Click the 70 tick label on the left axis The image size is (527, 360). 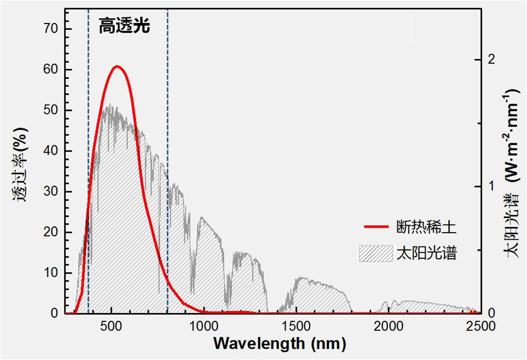point(50,29)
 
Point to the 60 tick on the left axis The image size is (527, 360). point(50,69)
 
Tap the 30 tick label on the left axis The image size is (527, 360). point(50,192)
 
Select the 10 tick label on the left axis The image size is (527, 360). point(50,273)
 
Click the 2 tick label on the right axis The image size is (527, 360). point(491,59)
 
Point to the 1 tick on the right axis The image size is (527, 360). point(491,186)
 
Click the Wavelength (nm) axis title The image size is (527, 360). point(279,342)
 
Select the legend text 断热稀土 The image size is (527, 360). point(426,228)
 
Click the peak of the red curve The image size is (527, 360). point(116,67)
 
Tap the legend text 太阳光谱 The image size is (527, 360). point(426,253)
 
